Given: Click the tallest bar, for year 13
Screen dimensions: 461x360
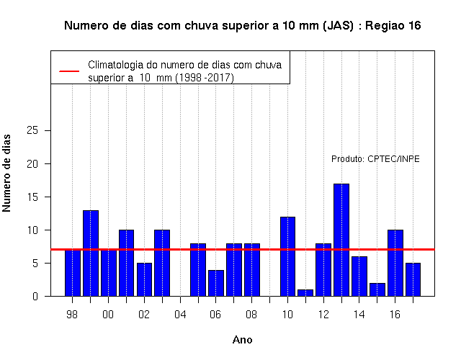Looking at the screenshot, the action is click(341, 240).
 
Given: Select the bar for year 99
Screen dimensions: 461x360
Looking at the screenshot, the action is click(91, 253).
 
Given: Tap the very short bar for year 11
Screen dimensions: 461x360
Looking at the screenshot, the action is click(305, 293).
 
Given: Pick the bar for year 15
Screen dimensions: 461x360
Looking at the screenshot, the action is click(377, 289).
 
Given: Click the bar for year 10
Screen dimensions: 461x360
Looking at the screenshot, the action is click(287, 256).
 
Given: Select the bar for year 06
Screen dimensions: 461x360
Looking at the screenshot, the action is click(216, 283).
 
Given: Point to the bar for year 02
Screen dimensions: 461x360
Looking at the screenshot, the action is click(144, 279).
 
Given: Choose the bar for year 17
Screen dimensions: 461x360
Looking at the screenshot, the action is click(413, 279).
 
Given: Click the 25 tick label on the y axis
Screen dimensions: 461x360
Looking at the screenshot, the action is click(32, 130).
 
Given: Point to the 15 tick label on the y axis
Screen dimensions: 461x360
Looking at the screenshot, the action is click(32, 197).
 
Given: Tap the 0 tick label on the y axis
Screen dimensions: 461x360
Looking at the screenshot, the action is click(35, 296).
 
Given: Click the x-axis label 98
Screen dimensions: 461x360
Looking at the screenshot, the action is click(72, 315).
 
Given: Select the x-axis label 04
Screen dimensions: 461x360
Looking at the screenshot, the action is click(180, 315).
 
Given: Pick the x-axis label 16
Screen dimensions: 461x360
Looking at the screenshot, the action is click(395, 315).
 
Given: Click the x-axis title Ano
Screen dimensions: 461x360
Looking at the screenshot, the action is click(243, 340).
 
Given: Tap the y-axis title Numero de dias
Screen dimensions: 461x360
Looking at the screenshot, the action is click(6, 173).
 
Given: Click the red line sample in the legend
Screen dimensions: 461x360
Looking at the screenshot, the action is click(69, 71).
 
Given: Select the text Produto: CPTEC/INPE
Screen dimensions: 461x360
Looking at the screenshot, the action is click(375, 159).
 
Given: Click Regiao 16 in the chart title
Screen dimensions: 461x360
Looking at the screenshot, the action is click(393, 26).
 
